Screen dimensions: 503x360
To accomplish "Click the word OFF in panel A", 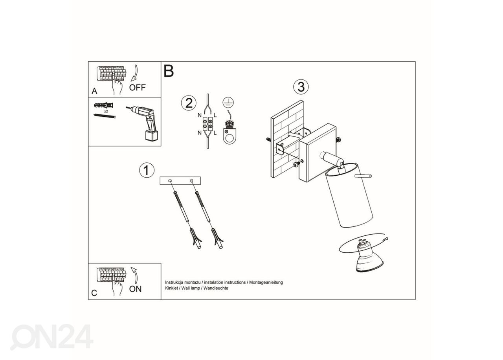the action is tap(137, 87).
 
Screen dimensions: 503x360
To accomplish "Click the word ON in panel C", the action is tap(135, 289).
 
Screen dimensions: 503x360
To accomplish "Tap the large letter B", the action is tap(169, 71).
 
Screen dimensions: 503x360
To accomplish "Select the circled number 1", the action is tap(147, 170).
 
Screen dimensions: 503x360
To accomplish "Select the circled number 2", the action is tap(189, 103).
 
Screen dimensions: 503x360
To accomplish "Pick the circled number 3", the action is tap(301, 87).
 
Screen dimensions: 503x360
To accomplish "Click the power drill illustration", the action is tap(144, 123).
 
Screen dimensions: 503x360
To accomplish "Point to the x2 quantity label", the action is tap(106, 111).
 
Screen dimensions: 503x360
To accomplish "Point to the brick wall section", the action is tap(287, 139).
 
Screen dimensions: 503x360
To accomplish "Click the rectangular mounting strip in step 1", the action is tap(180, 181).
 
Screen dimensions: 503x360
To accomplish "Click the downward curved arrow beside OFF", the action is tap(135, 73).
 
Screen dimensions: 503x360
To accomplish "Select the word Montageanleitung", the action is tap(266, 283).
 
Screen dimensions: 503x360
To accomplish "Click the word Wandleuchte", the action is tap(216, 288).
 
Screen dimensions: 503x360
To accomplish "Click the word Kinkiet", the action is tap(171, 288).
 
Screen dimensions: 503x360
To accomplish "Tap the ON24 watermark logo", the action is tap(51, 337).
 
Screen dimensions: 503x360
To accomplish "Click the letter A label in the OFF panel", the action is tap(94, 91).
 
